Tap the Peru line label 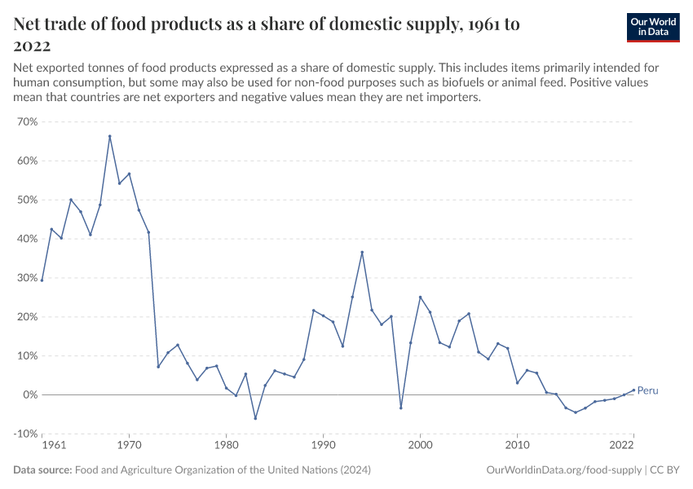click(647, 391)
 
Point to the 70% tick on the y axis click(27, 121)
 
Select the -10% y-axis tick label click(25, 434)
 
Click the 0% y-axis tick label click(29, 394)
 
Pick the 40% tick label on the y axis click(27, 239)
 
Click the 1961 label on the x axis click(52, 447)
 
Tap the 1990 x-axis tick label click(323, 447)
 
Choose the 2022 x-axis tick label click(622, 447)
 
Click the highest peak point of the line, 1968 click(109, 136)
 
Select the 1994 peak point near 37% click(362, 252)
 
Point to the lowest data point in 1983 click(255, 419)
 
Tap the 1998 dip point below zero click(400, 407)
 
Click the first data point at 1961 click(42, 280)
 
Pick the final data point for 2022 click(633, 390)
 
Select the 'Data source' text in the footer click(42, 470)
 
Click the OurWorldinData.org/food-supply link click(563, 470)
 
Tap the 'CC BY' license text click(666, 470)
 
